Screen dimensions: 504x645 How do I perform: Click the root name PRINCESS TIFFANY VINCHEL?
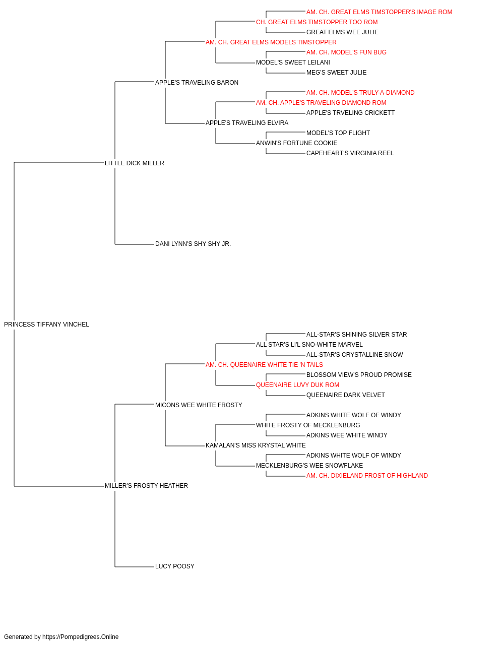pyautogui.click(x=46, y=325)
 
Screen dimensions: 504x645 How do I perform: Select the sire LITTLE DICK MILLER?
pyautogui.click(x=135, y=163)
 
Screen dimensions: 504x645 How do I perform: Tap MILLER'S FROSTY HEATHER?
pyautogui.click(x=146, y=486)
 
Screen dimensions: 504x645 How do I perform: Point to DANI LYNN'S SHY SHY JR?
pyautogui.click(x=193, y=244)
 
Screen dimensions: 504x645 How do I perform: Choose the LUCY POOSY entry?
pyautogui.click(x=175, y=566)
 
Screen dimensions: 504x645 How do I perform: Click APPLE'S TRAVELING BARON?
pyautogui.click(x=197, y=83)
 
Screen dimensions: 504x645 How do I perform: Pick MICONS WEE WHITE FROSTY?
pyautogui.click(x=199, y=405)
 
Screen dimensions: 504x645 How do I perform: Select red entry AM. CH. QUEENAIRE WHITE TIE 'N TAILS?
pyautogui.click(x=264, y=365)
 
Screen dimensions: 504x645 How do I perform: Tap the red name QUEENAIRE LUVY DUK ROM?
pyautogui.click(x=297, y=385)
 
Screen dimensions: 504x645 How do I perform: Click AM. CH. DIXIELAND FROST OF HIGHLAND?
pyautogui.click(x=367, y=476)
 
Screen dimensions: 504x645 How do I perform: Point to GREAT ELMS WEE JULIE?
pyautogui.click(x=343, y=32)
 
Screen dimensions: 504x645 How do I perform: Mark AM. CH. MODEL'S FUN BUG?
pyautogui.click(x=346, y=52)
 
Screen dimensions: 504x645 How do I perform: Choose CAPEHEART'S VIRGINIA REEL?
pyautogui.click(x=350, y=153)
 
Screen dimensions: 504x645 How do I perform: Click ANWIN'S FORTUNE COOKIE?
pyautogui.click(x=297, y=143)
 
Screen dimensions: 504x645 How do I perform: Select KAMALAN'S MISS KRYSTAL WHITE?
pyautogui.click(x=256, y=445)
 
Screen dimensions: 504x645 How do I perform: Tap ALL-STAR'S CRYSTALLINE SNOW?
pyautogui.click(x=355, y=355)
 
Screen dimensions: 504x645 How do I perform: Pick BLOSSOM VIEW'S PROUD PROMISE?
pyautogui.click(x=359, y=375)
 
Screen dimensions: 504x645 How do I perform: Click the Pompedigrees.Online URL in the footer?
pyautogui.click(x=81, y=637)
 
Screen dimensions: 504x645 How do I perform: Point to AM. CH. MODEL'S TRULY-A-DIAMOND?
pyautogui.click(x=361, y=93)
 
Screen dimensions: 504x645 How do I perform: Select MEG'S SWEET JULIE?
pyautogui.click(x=337, y=73)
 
